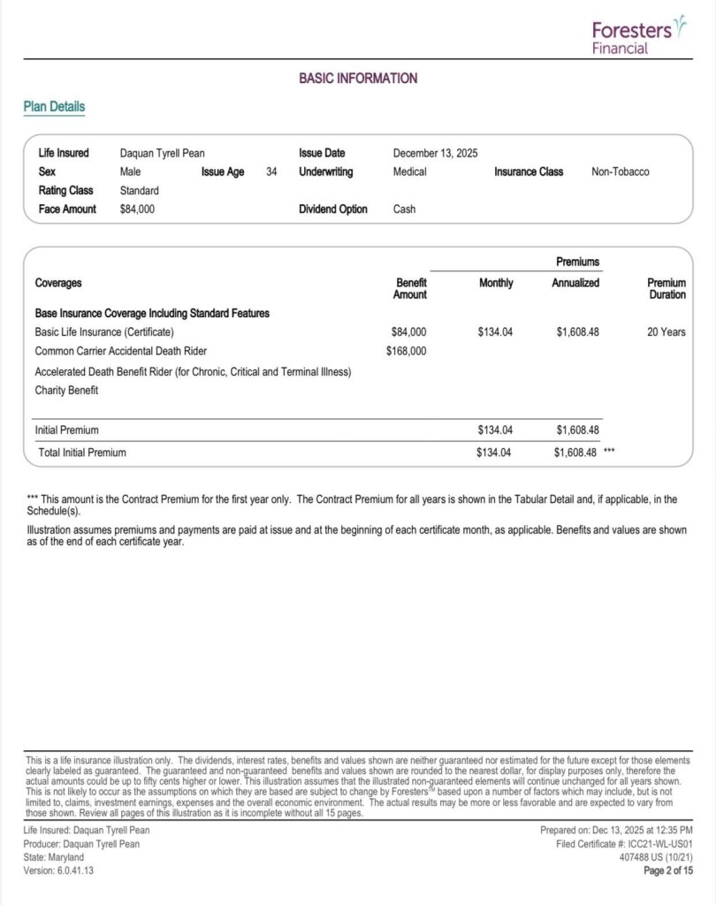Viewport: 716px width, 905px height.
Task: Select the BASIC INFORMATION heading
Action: (358, 79)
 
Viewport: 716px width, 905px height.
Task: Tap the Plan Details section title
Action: (54, 107)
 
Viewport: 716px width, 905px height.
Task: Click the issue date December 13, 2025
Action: (435, 153)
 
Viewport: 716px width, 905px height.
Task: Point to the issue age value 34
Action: (271, 171)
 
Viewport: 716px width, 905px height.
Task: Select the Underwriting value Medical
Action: (410, 171)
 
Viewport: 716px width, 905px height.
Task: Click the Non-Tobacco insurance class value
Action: (620, 171)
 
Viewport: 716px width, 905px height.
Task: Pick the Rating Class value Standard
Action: (139, 190)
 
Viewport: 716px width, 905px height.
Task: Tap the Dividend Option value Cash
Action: (404, 209)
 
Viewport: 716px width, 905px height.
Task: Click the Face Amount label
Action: (67, 209)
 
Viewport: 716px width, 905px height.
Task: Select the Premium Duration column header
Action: (666, 288)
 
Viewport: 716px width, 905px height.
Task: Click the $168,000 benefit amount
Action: (407, 351)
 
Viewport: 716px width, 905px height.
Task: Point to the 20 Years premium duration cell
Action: (666, 332)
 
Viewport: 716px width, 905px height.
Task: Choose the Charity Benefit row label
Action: (66, 390)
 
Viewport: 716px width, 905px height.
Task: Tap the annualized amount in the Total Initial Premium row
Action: (576, 452)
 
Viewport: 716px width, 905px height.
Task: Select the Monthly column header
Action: (496, 283)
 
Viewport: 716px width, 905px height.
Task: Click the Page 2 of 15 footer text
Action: (667, 871)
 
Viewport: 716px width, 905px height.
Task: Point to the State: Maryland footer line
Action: (54, 857)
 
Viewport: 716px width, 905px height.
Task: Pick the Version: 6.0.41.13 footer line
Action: (58, 871)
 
